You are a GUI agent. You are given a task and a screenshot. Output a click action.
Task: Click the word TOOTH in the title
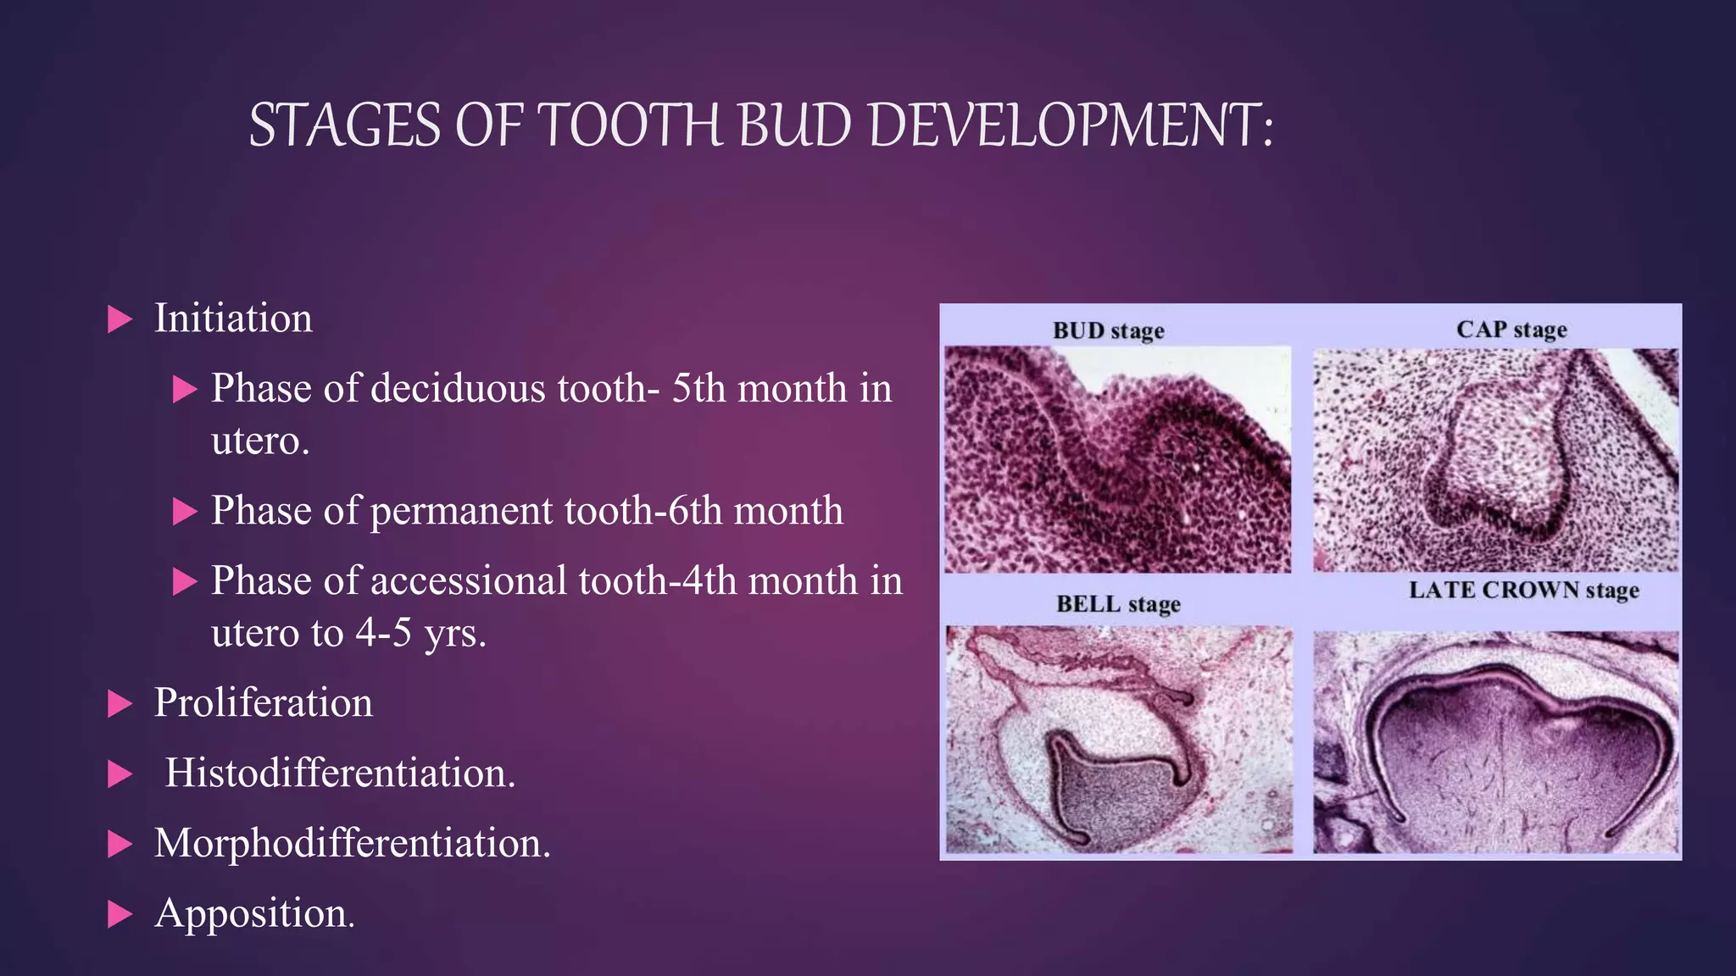point(629,125)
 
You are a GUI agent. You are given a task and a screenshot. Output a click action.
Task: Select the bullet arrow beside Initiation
point(120,319)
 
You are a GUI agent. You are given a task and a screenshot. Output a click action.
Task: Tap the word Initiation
point(233,319)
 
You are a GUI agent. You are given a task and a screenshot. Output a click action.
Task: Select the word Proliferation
point(263,703)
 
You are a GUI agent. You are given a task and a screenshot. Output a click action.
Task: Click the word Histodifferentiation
point(339,774)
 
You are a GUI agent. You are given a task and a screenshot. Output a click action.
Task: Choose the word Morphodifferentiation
point(352,844)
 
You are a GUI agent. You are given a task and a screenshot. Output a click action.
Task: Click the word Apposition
point(254,913)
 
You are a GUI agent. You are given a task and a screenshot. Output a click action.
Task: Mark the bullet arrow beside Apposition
point(120,914)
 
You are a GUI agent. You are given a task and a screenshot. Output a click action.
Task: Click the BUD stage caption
point(1108,330)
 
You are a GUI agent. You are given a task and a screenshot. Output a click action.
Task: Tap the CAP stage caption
point(1511,329)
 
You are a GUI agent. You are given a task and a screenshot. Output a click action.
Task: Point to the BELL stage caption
point(1118,604)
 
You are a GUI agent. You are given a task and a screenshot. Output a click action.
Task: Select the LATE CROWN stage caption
point(1523,590)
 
